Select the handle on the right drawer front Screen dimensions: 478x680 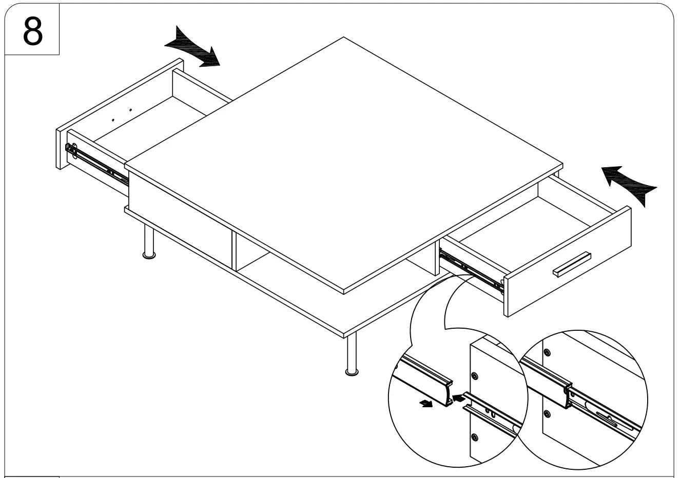[572, 263]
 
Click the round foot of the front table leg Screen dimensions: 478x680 [352, 371]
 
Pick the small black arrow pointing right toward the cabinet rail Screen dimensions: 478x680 [458, 397]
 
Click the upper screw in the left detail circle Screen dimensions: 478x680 [475, 376]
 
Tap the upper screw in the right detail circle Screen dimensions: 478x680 [547, 352]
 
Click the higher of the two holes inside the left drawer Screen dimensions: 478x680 [130, 110]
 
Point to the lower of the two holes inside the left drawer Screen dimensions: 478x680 [113, 120]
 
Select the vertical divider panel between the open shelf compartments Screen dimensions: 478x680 [234, 251]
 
